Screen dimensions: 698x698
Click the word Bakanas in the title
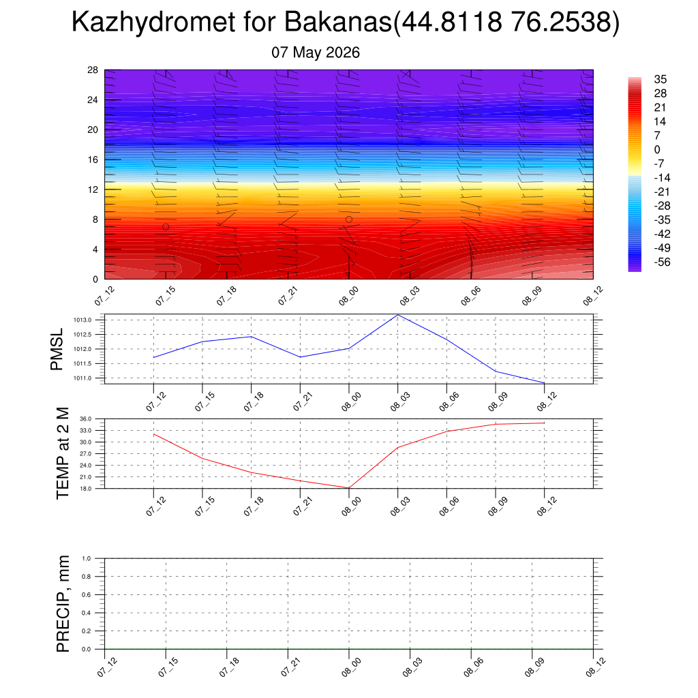[338, 22]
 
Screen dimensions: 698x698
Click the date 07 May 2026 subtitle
[316, 52]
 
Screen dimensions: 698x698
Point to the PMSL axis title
[57, 350]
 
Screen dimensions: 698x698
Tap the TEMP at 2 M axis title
[63, 453]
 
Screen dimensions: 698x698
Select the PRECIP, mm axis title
[63, 604]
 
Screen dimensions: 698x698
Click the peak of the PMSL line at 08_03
[398, 315]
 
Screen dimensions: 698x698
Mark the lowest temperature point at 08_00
[349, 488]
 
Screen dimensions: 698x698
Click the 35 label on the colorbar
[660, 79]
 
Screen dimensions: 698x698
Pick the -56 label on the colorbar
[662, 262]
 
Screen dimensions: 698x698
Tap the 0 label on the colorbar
[657, 149]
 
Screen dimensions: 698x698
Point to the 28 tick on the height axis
[93, 70]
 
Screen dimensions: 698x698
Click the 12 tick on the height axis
[93, 189]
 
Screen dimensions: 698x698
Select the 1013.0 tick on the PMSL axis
[82, 320]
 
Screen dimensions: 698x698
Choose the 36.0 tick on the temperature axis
[86, 419]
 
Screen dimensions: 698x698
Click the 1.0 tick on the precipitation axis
[87, 558]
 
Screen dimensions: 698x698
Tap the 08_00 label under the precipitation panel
[350, 668]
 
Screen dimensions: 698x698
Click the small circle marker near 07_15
[166, 227]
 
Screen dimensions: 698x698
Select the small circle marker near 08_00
[349, 219]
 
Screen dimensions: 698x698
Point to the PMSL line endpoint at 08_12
[545, 383]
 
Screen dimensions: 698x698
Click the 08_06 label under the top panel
[471, 297]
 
